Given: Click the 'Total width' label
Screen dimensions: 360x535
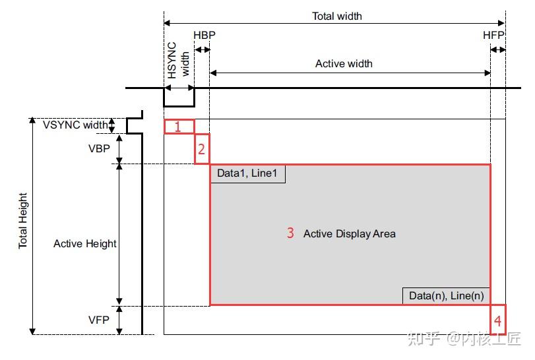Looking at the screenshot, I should pyautogui.click(x=336, y=16).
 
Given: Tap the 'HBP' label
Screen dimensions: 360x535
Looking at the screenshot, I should pyautogui.click(x=204, y=34).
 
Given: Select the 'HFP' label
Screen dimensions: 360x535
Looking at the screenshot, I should pyautogui.click(x=493, y=34).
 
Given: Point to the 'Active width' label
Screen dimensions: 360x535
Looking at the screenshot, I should pyautogui.click(x=344, y=64).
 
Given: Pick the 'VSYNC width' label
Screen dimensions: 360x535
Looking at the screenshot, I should pyautogui.click(x=75, y=125).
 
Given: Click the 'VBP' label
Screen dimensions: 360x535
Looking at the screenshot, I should pyautogui.click(x=99, y=149).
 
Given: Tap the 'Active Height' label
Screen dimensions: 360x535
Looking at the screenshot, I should pyautogui.click(x=84, y=244).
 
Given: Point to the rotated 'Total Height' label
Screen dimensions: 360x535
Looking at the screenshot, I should pyautogui.click(x=24, y=221).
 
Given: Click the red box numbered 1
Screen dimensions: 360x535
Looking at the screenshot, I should pyautogui.click(x=179, y=127).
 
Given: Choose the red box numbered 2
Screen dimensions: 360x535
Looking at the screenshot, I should pyautogui.click(x=202, y=149).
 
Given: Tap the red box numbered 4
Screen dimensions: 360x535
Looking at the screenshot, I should pyautogui.click(x=498, y=320).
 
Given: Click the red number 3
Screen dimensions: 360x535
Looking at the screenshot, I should pyautogui.click(x=290, y=233).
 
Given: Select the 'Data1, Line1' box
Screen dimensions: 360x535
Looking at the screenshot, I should pyautogui.click(x=247, y=173).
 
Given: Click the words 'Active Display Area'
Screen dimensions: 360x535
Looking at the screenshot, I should pyautogui.click(x=349, y=233).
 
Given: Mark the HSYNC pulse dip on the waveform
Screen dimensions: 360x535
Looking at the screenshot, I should pyautogui.click(x=179, y=97).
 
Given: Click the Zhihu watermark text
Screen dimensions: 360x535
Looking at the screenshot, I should pyautogui.click(x=464, y=339).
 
